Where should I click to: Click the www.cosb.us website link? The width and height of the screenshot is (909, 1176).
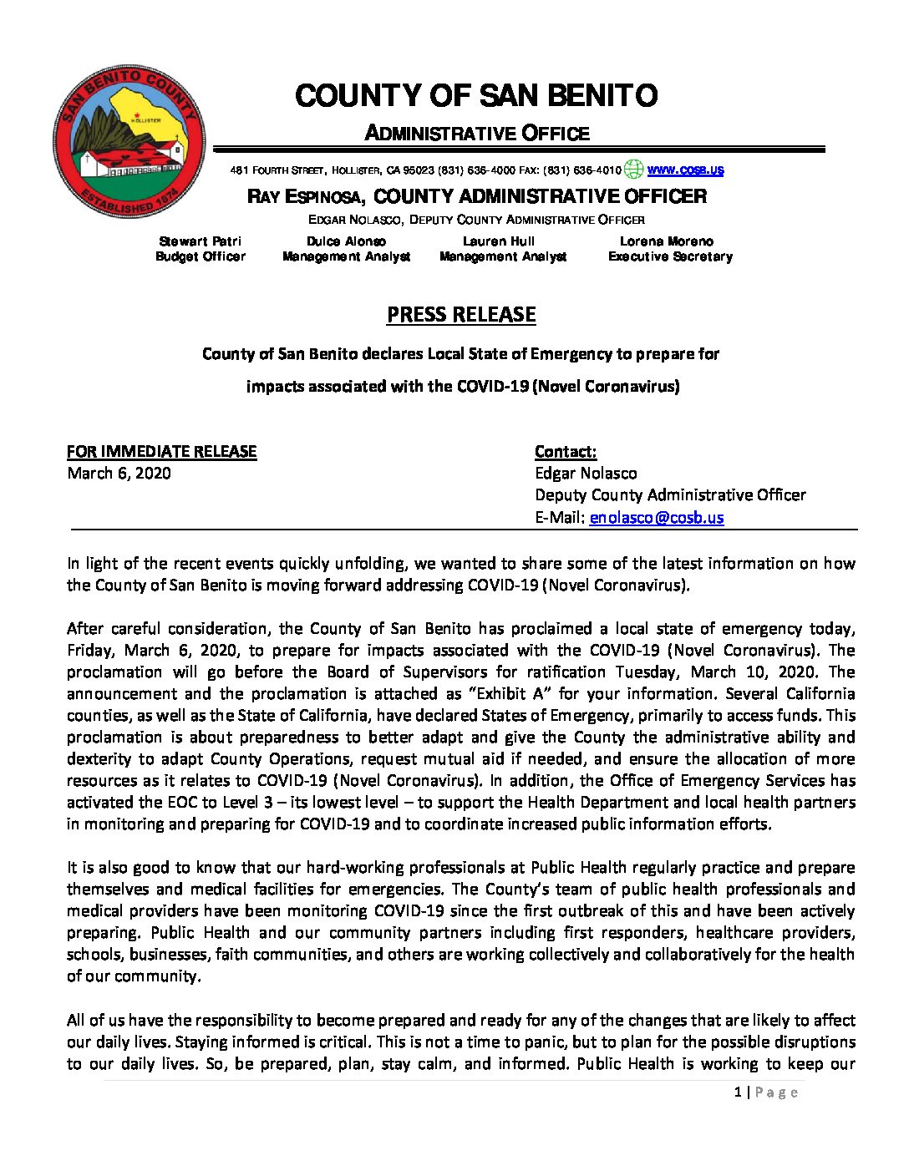[x=685, y=170]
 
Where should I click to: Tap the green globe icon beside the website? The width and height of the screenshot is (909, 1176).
[x=634, y=170]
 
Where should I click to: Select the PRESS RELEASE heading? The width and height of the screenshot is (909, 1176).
[x=461, y=315]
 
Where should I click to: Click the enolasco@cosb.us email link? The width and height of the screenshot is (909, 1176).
[x=657, y=517]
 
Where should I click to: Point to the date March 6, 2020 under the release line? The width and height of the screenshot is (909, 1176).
[x=119, y=474]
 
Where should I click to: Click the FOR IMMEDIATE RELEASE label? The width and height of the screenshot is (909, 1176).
[x=162, y=452]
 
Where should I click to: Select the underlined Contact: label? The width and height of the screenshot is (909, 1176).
[x=566, y=452]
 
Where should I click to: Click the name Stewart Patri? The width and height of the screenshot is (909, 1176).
[x=201, y=241]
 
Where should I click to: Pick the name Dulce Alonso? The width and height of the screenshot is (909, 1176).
[x=346, y=241]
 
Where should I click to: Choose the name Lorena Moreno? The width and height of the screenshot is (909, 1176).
[x=667, y=241]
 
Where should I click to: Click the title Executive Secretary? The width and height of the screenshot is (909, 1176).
[x=670, y=256]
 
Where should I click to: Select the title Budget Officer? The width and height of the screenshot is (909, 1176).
[x=201, y=256]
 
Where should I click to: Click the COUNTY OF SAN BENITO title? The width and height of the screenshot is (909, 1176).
[x=476, y=96]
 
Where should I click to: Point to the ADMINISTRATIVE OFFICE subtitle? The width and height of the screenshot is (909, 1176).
[x=477, y=134]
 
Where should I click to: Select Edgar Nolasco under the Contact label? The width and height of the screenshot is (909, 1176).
[x=586, y=474]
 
